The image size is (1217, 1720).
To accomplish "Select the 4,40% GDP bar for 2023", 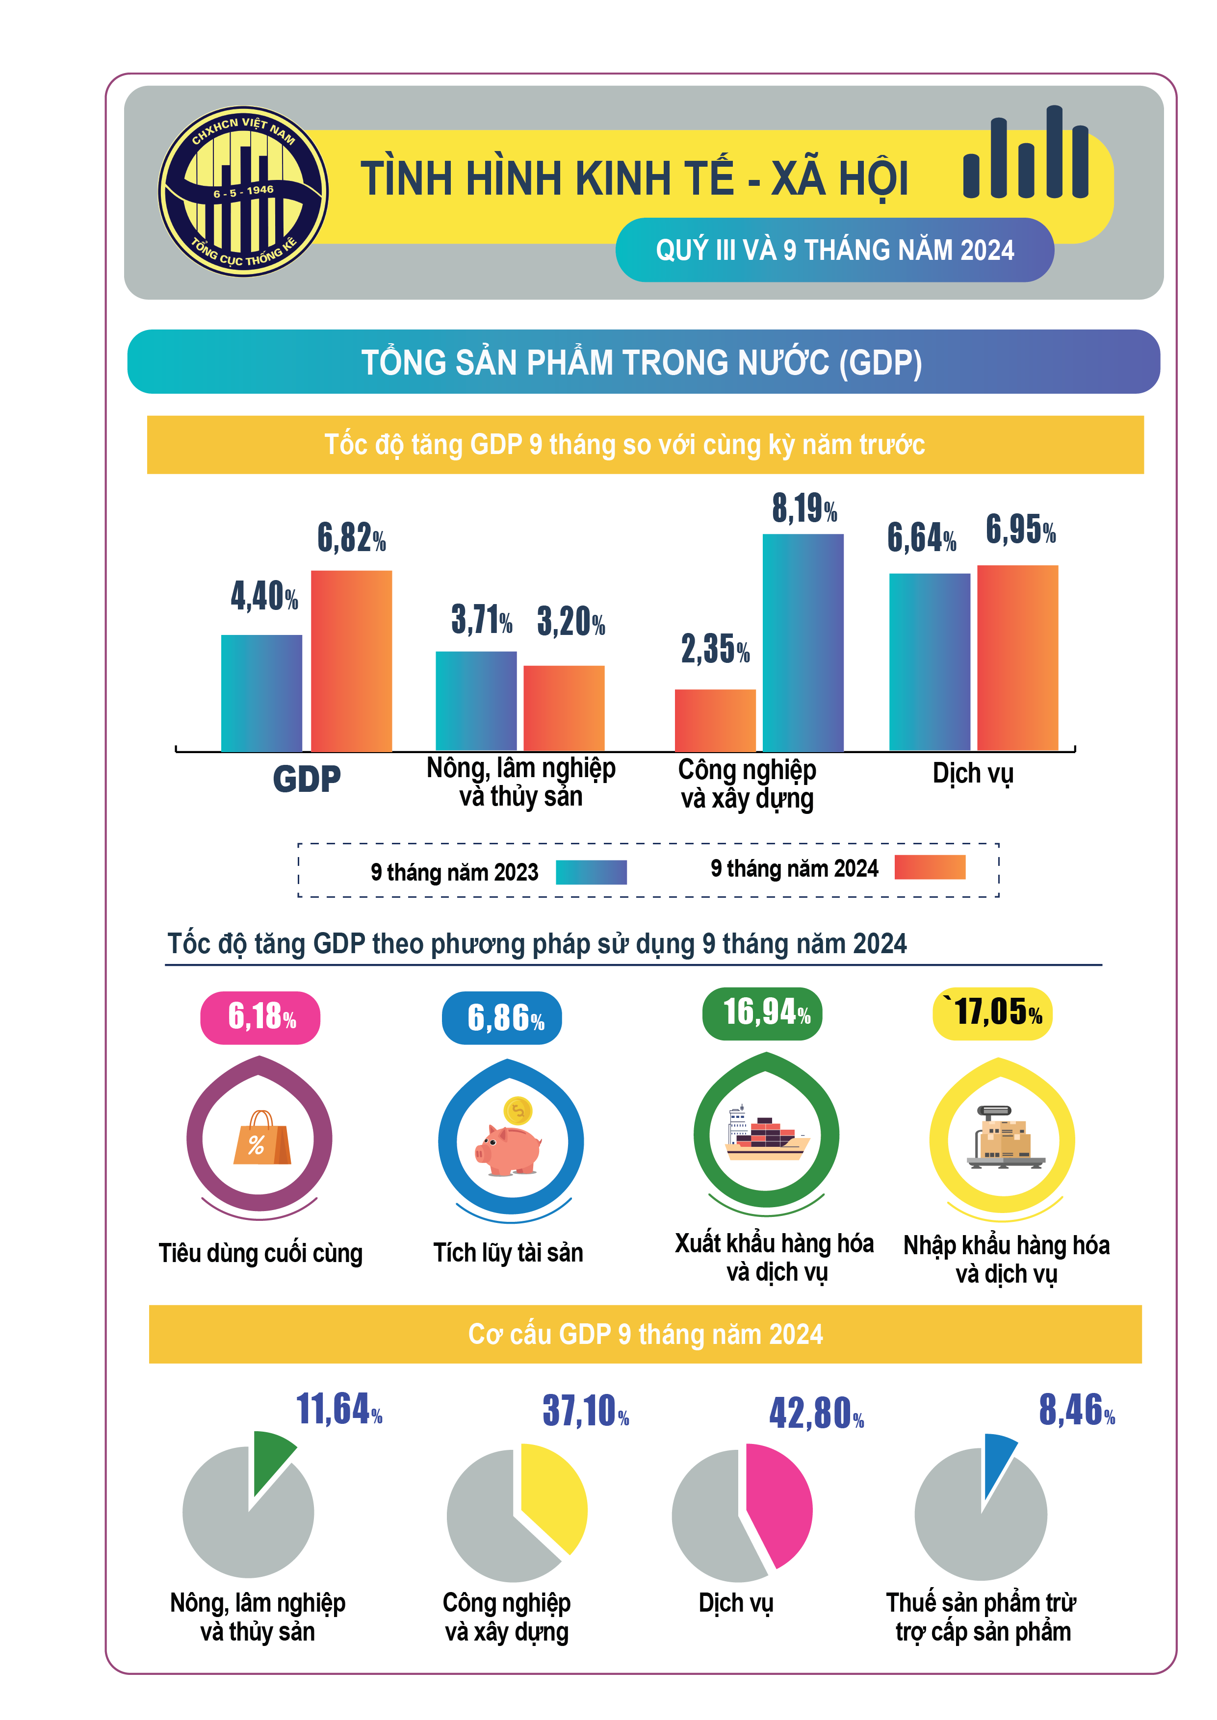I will point(261,693).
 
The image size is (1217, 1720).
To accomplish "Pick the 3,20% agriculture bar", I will point(564,708).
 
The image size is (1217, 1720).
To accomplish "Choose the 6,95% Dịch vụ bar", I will point(1017,657).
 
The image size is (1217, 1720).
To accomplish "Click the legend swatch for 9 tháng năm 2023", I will point(591,872).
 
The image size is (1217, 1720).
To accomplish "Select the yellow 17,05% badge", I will point(992,1013).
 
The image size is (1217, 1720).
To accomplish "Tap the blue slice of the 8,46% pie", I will point(997,1461).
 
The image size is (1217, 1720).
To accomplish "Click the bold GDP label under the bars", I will point(307,779).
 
